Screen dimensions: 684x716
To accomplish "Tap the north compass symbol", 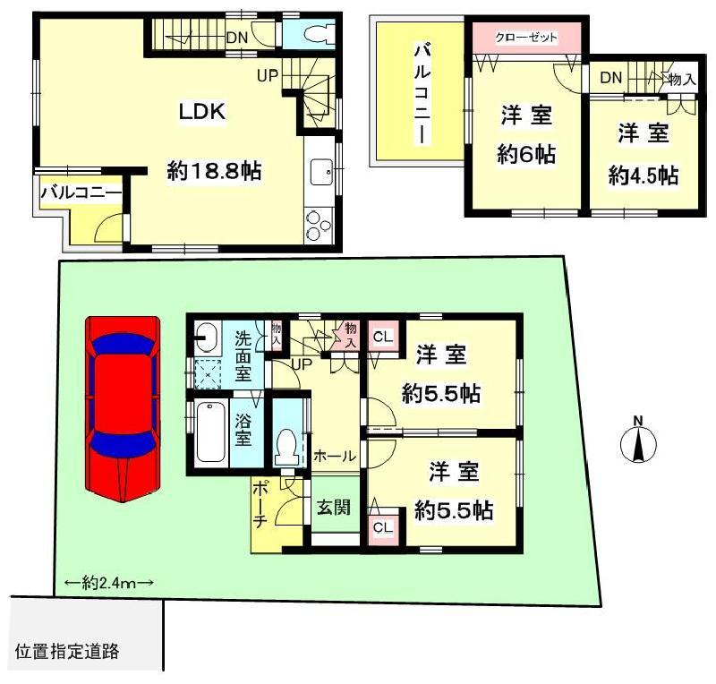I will coord(638,442).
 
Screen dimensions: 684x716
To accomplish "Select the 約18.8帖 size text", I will coord(214,171).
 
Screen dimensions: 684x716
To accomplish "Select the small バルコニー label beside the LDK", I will coord(79,192).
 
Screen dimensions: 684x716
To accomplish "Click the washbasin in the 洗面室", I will coord(206,338).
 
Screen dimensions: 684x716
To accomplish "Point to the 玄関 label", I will coord(333,507).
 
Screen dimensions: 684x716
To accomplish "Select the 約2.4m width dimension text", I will coord(109,582).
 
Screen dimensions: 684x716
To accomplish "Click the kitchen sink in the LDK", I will coord(319,170).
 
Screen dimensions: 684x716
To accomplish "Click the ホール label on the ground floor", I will coord(335,456).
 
